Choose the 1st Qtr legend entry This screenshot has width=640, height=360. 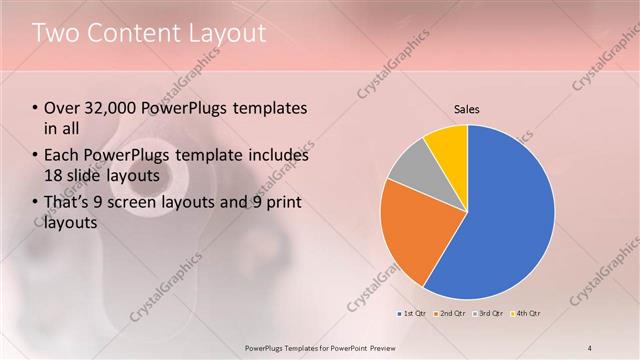pyautogui.click(x=413, y=314)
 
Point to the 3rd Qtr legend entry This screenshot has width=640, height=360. pyautogui.click(x=487, y=314)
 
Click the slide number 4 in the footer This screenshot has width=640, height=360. pyautogui.click(x=590, y=347)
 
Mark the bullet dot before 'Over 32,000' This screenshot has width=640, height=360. pyautogui.click(x=35, y=108)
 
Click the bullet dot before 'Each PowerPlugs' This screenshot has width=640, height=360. pyautogui.click(x=35, y=155)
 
